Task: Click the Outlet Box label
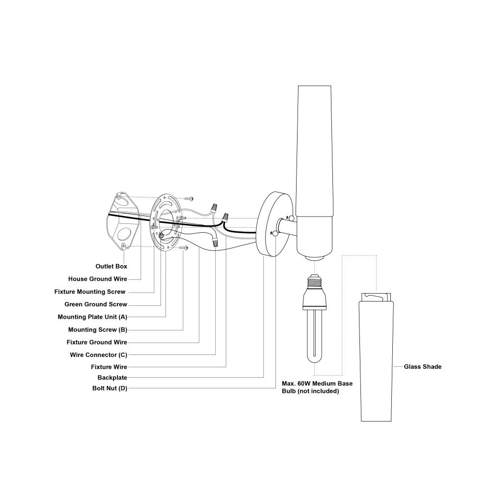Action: click(x=111, y=266)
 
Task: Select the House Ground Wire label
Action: click(x=98, y=279)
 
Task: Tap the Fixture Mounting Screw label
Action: click(x=90, y=292)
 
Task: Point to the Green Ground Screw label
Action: click(x=96, y=304)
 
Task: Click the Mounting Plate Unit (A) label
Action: click(x=92, y=317)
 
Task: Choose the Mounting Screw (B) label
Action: click(x=98, y=329)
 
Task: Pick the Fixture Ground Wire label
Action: click(x=97, y=342)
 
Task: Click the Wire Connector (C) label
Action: click(x=99, y=355)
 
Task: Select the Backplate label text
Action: click(x=112, y=378)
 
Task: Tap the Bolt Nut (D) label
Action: click(x=109, y=388)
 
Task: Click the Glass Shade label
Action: click(x=422, y=367)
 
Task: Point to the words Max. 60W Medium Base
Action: click(x=317, y=383)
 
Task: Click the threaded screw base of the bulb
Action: click(x=314, y=282)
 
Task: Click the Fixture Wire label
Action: click(x=109, y=367)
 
